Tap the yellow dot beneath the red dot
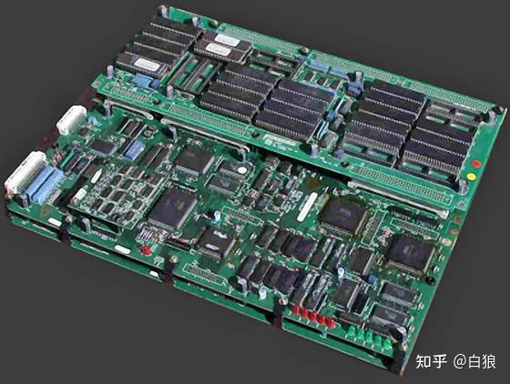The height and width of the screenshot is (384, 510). [x=470, y=176]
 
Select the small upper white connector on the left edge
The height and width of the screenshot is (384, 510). [x=70, y=119]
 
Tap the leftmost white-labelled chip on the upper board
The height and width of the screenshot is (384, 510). [x=146, y=64]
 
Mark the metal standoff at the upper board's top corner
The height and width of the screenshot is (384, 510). [x=163, y=12]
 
